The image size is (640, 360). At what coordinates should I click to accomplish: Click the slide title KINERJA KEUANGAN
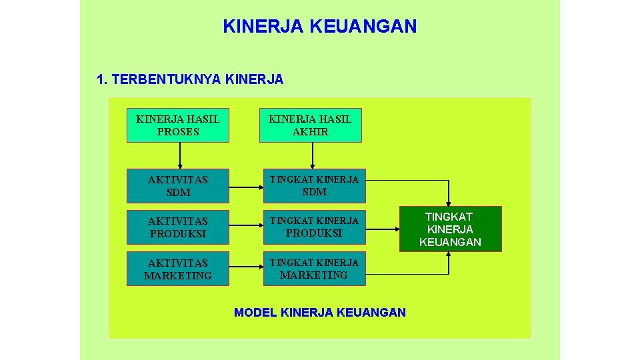pos(320,27)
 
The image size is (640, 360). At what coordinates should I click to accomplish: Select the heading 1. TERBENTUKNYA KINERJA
pos(190,80)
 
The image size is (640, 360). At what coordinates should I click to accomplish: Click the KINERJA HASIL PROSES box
pos(178,125)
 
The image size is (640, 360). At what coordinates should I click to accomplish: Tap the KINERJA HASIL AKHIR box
pos(310,125)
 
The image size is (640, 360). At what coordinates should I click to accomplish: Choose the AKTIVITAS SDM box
pos(178,186)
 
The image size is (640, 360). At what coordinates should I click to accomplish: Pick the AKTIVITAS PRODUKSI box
pos(178,227)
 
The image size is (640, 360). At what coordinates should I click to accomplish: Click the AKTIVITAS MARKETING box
pos(178,269)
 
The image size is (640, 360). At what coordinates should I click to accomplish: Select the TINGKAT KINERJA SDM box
pos(314,186)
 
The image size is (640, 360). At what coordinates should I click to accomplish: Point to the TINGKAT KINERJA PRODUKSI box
pos(314,227)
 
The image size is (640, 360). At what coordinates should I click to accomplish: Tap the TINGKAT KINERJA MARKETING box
pos(314,269)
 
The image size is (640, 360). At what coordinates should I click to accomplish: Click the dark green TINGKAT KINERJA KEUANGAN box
pos(450,229)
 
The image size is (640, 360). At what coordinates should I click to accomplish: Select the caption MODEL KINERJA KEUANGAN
pos(320,312)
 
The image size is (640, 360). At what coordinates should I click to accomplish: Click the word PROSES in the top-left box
pos(178,132)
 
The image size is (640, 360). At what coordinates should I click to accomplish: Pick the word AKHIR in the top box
pos(310,132)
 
